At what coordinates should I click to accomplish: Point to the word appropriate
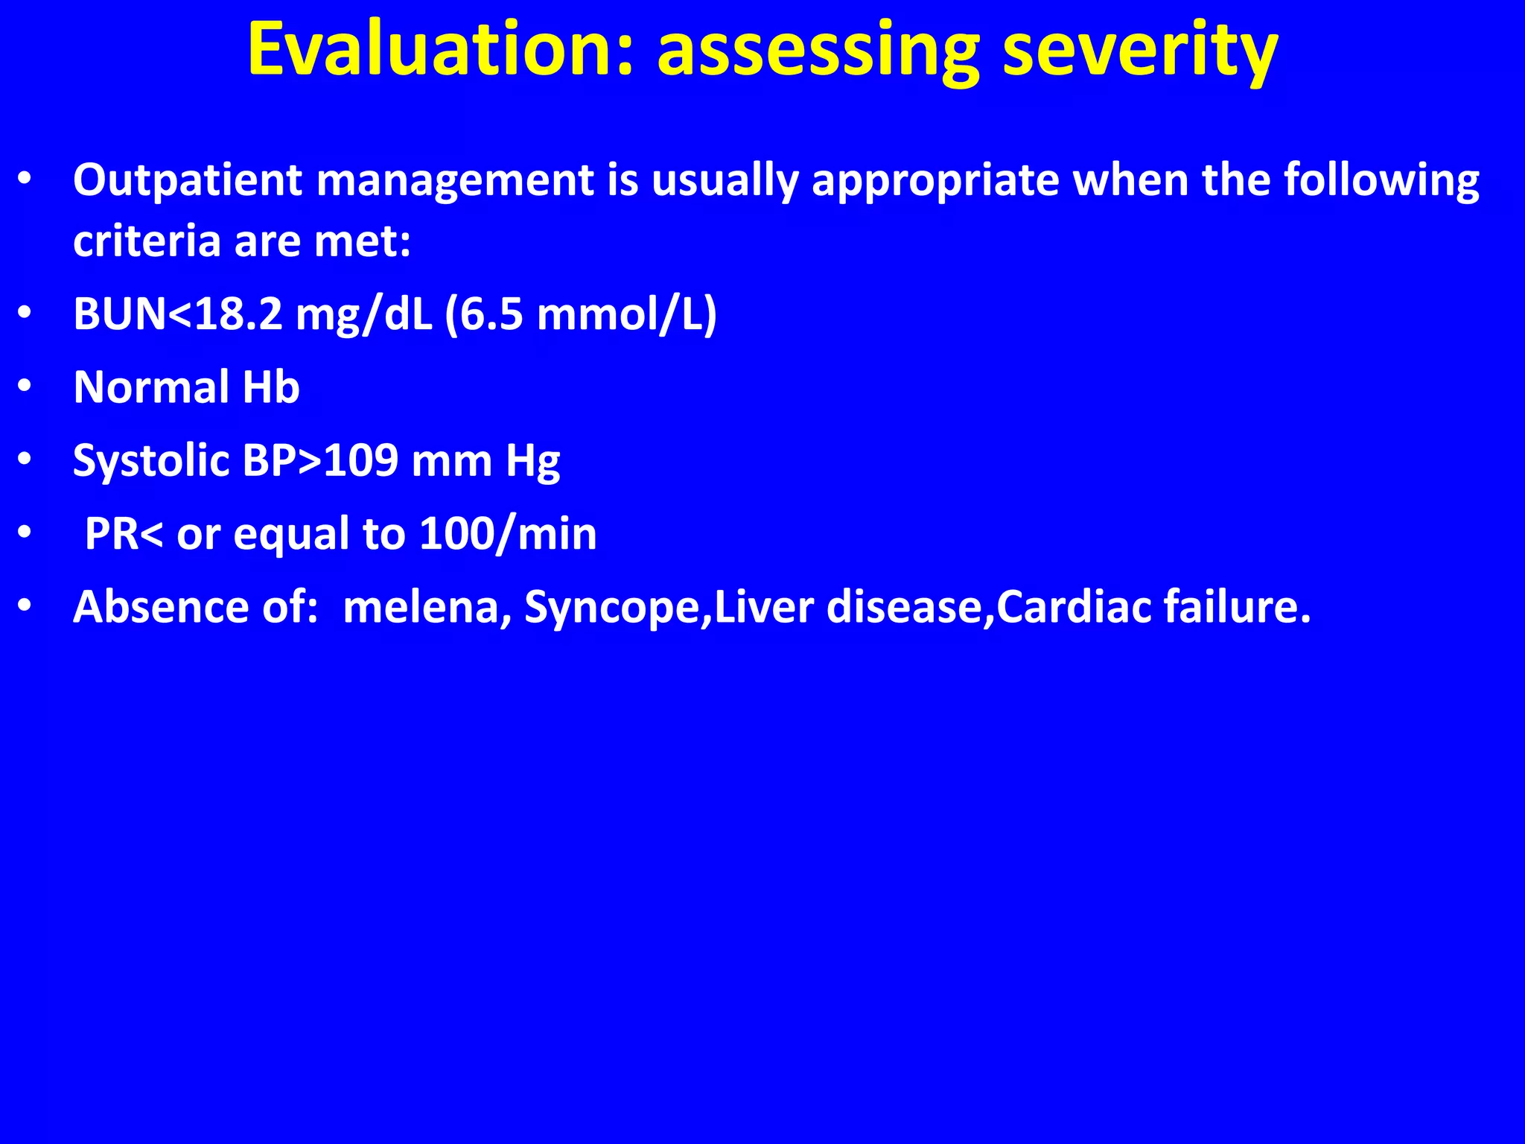coord(935,180)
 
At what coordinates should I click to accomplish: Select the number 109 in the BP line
coord(361,460)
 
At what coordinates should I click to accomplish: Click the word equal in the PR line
coord(291,534)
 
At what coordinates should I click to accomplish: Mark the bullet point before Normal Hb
coord(25,388)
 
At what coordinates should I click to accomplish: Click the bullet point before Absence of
coord(25,607)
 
